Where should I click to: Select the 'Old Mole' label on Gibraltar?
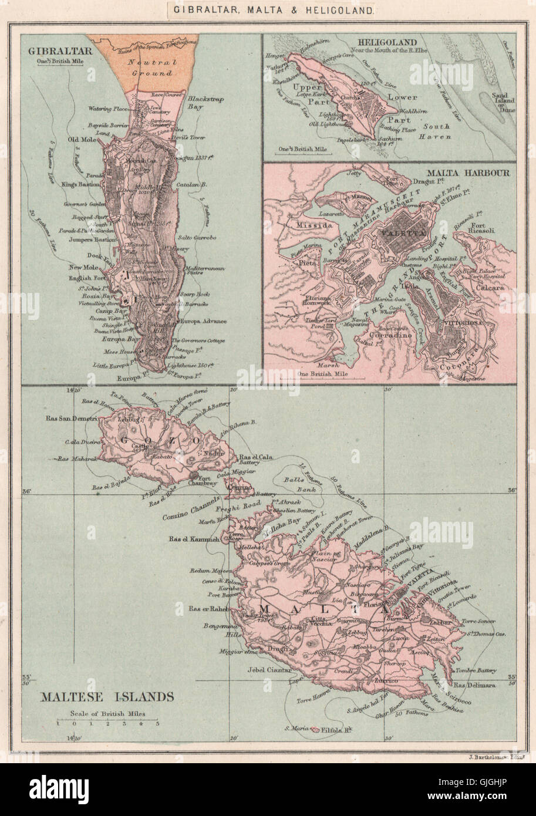click(x=80, y=139)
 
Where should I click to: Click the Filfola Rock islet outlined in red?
click(x=316, y=729)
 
